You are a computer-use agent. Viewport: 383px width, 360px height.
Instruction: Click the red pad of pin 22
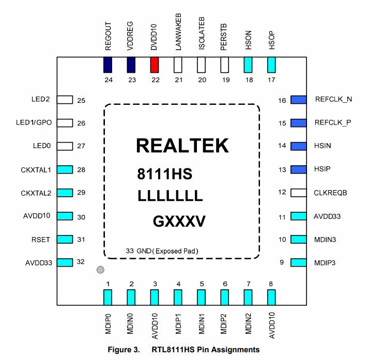point(155,65)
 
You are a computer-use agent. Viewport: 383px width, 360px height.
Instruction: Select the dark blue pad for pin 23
point(131,65)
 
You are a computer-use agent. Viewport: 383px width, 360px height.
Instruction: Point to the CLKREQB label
point(330,193)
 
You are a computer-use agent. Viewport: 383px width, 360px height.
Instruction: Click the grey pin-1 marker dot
point(101,270)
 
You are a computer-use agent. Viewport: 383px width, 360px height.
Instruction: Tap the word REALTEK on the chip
point(182,146)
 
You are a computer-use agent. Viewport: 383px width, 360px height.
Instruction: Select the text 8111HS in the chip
point(164,174)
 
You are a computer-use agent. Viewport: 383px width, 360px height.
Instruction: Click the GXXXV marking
point(179,223)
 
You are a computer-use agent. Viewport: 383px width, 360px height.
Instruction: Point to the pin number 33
point(130,251)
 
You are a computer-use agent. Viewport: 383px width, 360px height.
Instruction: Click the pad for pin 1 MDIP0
point(108,298)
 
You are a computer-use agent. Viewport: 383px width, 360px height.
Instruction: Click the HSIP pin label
point(323,169)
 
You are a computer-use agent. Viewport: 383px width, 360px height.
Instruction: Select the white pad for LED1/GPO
point(65,123)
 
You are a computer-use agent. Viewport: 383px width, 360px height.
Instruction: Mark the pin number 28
point(81,170)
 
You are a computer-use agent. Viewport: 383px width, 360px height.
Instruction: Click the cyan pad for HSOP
point(271,65)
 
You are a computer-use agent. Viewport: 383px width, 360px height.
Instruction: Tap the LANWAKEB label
point(178,33)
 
